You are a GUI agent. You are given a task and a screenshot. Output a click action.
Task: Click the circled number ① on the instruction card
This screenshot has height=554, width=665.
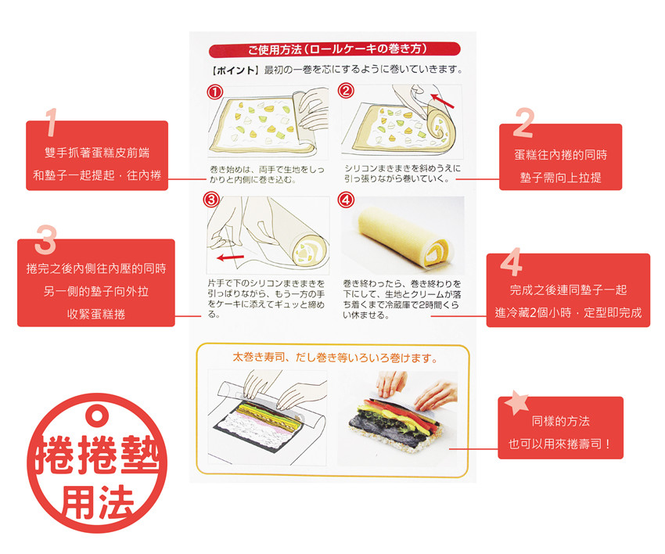point(215,92)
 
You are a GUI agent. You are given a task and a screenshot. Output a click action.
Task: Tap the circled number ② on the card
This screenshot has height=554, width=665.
point(346,91)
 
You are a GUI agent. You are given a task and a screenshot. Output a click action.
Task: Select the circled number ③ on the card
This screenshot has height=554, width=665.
point(211,200)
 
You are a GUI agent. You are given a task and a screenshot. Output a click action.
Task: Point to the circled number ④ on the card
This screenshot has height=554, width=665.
point(346,200)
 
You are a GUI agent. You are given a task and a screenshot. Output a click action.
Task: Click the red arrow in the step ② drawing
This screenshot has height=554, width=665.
point(442,101)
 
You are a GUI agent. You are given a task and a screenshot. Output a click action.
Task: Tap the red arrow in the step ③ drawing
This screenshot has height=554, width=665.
point(230,257)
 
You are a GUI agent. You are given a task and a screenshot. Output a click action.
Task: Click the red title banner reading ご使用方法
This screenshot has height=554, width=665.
point(334,49)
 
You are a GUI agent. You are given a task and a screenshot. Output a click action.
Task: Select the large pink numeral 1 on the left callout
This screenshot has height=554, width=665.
point(51,122)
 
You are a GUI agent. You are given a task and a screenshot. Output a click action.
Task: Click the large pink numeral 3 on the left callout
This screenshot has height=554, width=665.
point(45,239)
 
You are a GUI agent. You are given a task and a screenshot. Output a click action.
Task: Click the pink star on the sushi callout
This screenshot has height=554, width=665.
point(516,401)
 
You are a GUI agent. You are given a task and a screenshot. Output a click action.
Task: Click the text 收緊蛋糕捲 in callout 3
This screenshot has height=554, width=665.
point(96,314)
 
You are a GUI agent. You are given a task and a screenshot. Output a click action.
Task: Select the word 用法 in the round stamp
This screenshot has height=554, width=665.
point(98,502)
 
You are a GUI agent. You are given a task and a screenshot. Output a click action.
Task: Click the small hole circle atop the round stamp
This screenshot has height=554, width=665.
point(97,415)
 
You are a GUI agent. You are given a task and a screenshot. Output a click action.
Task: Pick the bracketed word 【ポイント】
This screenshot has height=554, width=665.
point(235,70)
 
